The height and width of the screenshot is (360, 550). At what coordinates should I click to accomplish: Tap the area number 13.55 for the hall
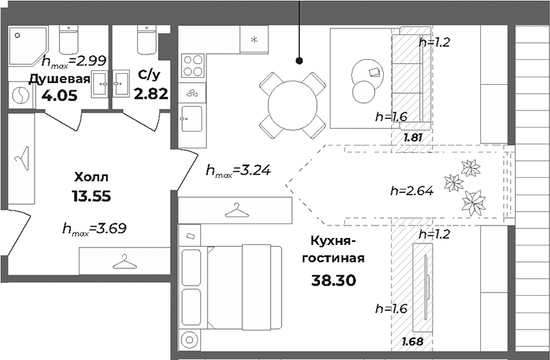pos(91,196)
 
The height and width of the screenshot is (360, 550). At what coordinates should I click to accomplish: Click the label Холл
pos(91,176)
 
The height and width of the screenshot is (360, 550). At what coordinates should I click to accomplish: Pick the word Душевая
pos(59,79)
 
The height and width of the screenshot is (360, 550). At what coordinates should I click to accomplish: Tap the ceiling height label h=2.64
pos(411,192)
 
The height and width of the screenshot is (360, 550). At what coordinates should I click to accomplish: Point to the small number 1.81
pos(412,137)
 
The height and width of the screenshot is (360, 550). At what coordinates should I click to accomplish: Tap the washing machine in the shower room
pos(21,96)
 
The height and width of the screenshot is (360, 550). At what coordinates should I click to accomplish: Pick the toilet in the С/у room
pos(146,40)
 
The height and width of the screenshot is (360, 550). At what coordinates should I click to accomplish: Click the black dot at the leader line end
pos(300,61)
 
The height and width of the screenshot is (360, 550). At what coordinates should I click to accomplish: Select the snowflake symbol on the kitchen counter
pos(254,39)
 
